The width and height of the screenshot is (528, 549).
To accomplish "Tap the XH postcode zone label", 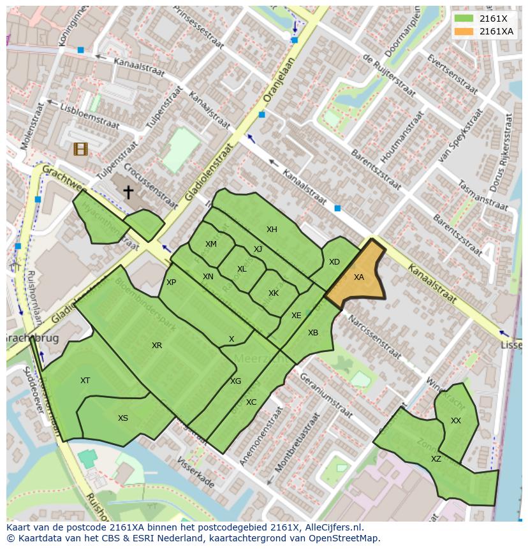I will click(x=272, y=230).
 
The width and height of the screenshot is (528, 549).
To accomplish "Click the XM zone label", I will click(x=211, y=244).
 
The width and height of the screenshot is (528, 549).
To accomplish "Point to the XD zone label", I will click(x=334, y=262).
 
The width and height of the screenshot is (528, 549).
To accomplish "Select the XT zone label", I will click(x=85, y=381).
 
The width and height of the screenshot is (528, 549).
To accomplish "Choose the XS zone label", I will click(x=123, y=418).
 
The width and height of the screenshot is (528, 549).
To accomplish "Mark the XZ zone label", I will click(x=436, y=459).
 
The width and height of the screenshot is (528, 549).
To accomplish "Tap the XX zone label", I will click(x=455, y=421).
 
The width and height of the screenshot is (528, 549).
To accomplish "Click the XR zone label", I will click(x=157, y=346).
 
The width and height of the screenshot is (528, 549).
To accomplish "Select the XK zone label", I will click(x=274, y=293).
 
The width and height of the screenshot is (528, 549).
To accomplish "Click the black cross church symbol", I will click(x=128, y=191).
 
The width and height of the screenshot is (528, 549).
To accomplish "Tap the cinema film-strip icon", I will click(x=80, y=149).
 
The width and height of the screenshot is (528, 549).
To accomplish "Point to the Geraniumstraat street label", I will click(x=325, y=395).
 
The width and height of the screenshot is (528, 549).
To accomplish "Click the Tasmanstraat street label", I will click(x=482, y=195).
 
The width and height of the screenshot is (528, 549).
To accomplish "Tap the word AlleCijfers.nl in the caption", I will click(x=331, y=527).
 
